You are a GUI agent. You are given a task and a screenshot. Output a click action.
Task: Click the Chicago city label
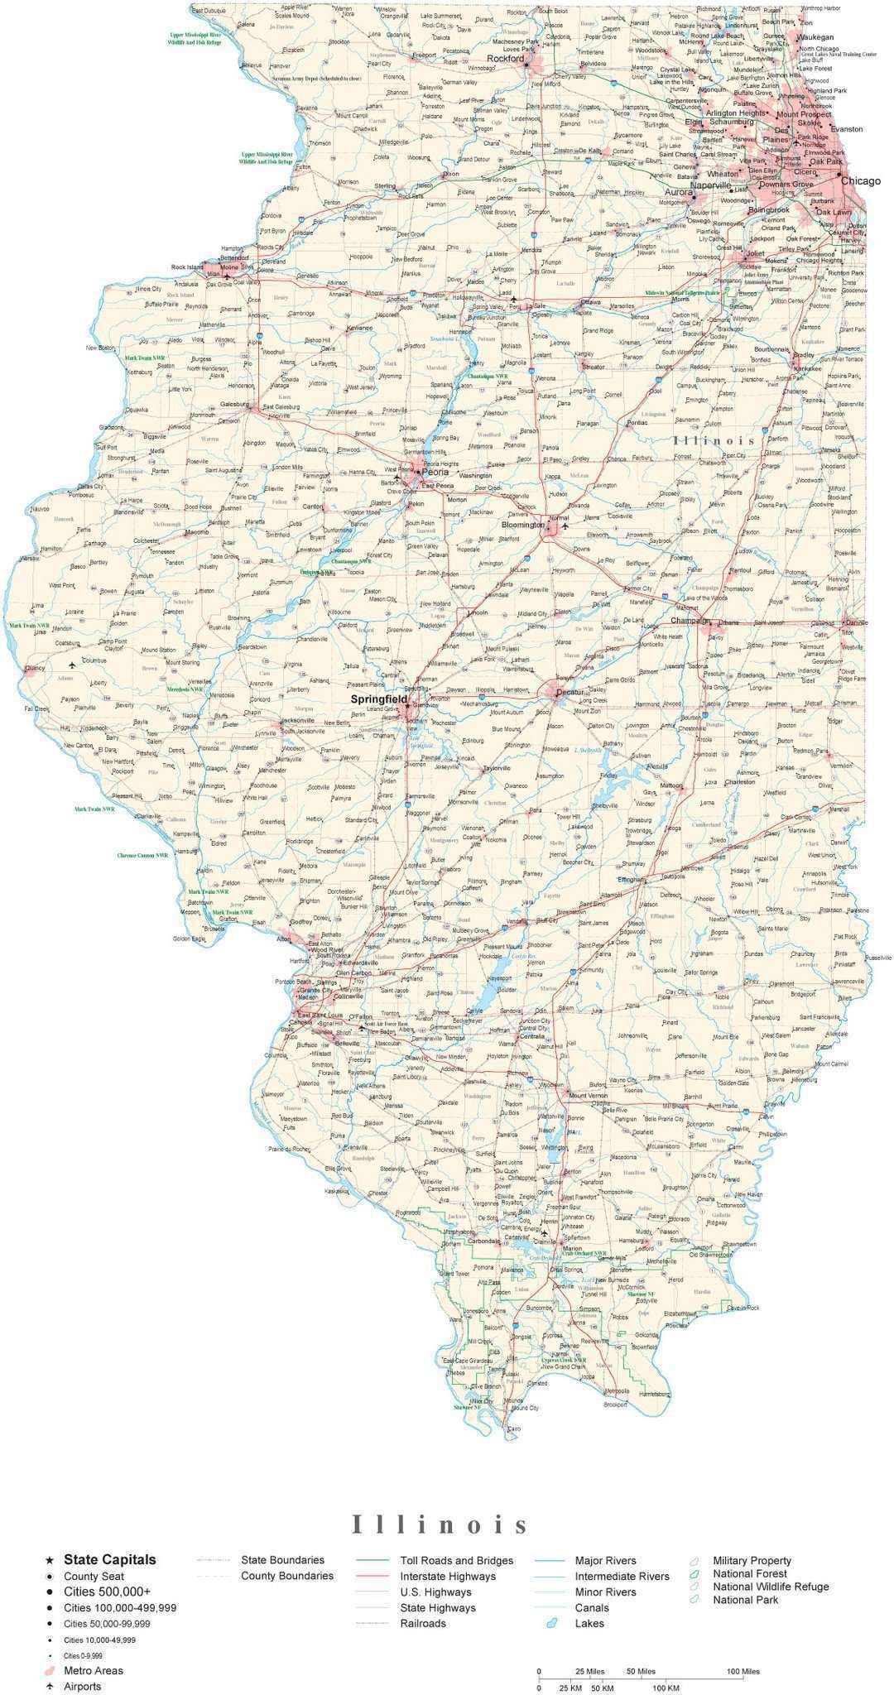pyautogui.click(x=861, y=180)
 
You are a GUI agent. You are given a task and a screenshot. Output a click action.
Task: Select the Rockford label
pyautogui.click(x=505, y=59)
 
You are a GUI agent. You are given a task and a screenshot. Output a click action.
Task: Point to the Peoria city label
pyautogui.click(x=435, y=473)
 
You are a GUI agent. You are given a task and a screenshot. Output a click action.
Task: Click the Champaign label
pyautogui.click(x=690, y=620)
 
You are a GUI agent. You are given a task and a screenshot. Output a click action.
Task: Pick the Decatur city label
pyautogui.click(x=571, y=692)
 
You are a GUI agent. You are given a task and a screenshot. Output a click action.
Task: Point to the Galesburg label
pyautogui.click(x=235, y=404)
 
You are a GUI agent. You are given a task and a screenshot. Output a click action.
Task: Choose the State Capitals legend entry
pyautogui.click(x=110, y=1560)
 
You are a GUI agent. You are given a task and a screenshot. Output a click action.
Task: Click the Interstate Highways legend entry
pyautogui.click(x=448, y=1577)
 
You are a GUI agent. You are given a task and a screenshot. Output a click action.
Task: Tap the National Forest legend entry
pyautogui.click(x=750, y=1573)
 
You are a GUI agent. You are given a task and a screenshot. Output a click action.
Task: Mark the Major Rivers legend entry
pyautogui.click(x=606, y=1561)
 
